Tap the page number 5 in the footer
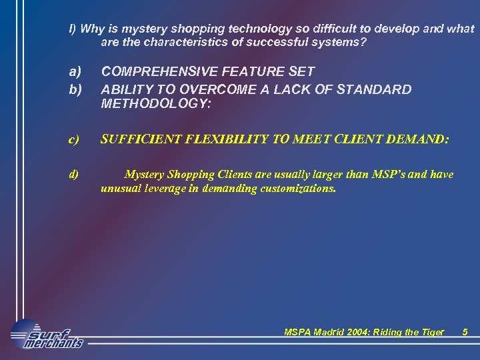(x=465, y=332)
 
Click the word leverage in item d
(x=166, y=189)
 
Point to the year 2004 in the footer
(x=357, y=332)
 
